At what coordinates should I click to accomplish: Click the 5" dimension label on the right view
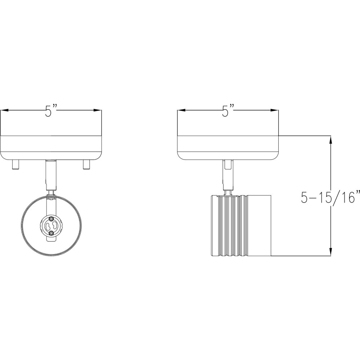click(228, 111)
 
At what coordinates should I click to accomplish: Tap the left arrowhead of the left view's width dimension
click(5, 111)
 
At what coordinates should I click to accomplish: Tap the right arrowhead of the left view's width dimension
click(98, 111)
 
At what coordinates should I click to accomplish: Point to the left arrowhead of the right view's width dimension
click(181, 111)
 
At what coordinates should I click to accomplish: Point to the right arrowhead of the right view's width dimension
click(275, 111)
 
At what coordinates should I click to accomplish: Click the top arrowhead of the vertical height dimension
click(330, 140)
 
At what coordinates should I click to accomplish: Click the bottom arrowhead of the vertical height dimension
click(330, 252)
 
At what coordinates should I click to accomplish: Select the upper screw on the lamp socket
click(51, 218)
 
